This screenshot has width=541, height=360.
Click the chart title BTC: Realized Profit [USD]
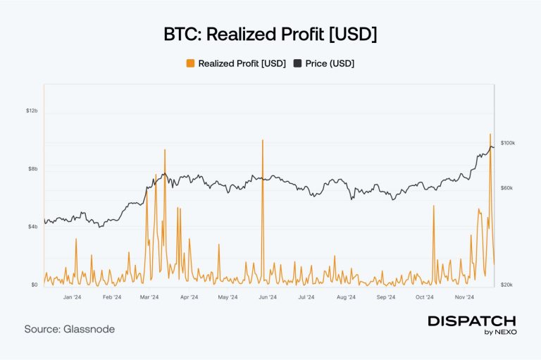coord(270,34)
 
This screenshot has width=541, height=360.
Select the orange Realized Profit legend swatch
coord(190,63)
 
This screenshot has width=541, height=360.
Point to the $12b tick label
coord(31,111)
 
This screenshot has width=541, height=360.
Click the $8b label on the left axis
coord(32,169)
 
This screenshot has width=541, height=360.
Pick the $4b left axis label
coord(32,227)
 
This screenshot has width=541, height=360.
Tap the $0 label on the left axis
coord(34,285)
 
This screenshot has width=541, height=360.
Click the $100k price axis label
coord(507,143)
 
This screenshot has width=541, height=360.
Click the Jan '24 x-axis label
coord(73,298)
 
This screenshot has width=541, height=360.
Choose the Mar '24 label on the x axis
coord(150,298)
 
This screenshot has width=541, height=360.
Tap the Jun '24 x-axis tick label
coord(267,298)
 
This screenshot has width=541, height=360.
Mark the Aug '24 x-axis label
coord(346,298)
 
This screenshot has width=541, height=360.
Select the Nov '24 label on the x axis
coord(463,298)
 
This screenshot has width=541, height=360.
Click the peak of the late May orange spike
coord(262,140)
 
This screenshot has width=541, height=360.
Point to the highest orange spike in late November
coord(490,134)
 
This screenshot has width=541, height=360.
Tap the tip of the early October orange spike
coord(434,206)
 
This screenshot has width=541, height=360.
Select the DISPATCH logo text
coord(472,321)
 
